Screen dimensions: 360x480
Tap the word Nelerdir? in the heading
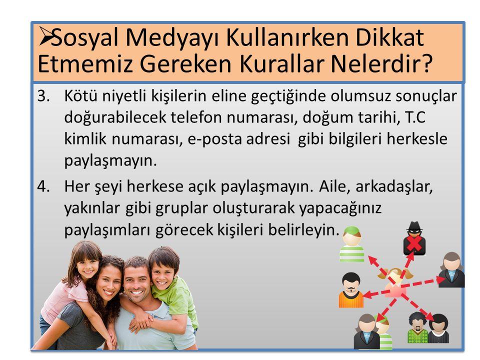pos(382,64)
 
